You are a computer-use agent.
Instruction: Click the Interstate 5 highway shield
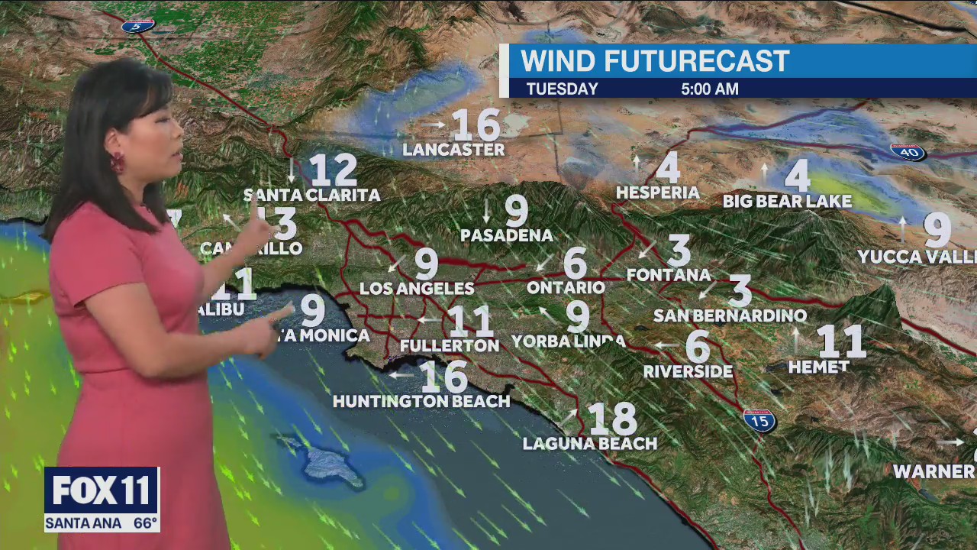pyautogui.click(x=137, y=25)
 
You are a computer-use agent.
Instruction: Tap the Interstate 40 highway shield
pyautogui.click(x=908, y=152)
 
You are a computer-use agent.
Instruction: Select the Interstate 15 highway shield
pyautogui.click(x=759, y=420)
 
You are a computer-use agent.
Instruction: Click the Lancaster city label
pyautogui.click(x=453, y=150)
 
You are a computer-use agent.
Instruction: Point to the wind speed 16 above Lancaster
pyautogui.click(x=476, y=125)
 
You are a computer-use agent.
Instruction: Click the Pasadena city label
pyautogui.click(x=507, y=235)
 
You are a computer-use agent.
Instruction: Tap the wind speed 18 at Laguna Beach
pyautogui.click(x=612, y=419)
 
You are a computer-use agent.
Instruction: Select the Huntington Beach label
pyautogui.click(x=421, y=401)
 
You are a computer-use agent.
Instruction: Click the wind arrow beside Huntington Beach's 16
pyautogui.click(x=401, y=375)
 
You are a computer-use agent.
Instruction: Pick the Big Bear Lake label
pyautogui.click(x=787, y=202)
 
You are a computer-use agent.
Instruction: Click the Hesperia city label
pyautogui.click(x=657, y=192)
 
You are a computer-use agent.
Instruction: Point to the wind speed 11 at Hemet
pyautogui.click(x=841, y=341)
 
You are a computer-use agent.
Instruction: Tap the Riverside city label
pyautogui.click(x=688, y=372)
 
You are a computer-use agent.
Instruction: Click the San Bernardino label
pyautogui.click(x=730, y=315)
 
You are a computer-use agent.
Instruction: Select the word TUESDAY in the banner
pyautogui.click(x=562, y=89)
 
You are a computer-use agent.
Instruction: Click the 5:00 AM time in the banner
pyautogui.click(x=710, y=89)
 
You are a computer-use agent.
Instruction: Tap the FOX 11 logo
pyautogui.click(x=102, y=490)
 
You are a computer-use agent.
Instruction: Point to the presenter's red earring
pyautogui.click(x=118, y=163)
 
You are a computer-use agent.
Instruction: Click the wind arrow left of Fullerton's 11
pyautogui.click(x=427, y=320)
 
